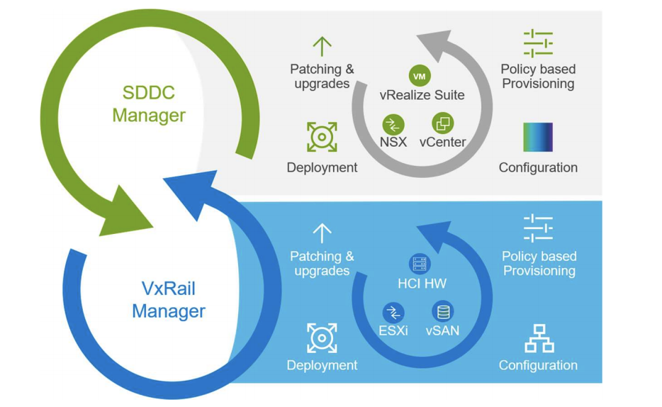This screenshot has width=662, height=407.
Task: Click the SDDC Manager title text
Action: click(149, 104)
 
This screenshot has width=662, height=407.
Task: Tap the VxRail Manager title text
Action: click(169, 300)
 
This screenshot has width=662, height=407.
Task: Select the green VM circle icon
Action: click(420, 76)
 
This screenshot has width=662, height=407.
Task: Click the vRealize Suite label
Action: click(422, 95)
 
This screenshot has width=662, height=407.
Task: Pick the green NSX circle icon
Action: click(393, 125)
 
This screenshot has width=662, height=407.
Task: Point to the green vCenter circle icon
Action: click(443, 123)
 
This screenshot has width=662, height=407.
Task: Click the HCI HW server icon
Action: click(420, 264)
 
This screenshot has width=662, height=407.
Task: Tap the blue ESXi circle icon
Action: click(393, 313)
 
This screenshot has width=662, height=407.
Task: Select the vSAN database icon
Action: click(443, 312)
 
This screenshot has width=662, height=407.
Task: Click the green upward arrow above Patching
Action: click(322, 46)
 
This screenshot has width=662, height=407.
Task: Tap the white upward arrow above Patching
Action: click(322, 233)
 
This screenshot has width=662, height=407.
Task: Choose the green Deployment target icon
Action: click(322, 137)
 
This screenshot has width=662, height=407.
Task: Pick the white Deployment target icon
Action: click(322, 338)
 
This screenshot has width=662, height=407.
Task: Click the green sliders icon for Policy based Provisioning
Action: click(538, 43)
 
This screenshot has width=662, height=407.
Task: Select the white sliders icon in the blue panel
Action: click(538, 228)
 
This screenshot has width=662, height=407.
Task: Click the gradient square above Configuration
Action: click(538, 138)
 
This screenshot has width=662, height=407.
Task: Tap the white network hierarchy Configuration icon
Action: click(539, 338)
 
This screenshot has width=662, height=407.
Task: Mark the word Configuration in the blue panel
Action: click(538, 365)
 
